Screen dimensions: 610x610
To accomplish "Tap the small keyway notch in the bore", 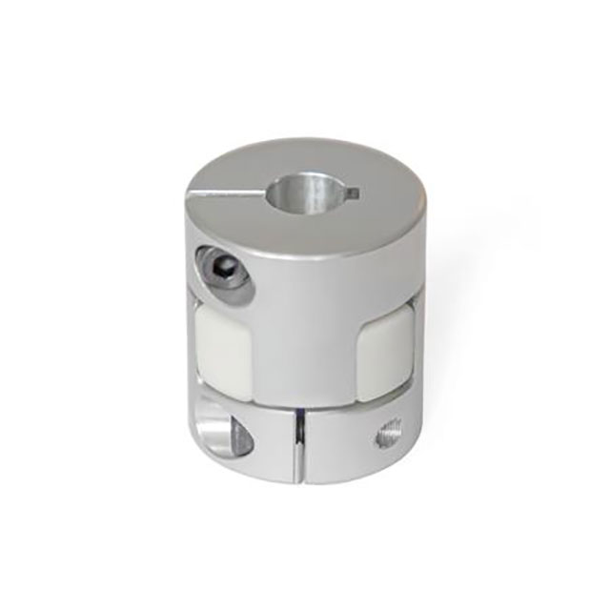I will [352, 194].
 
